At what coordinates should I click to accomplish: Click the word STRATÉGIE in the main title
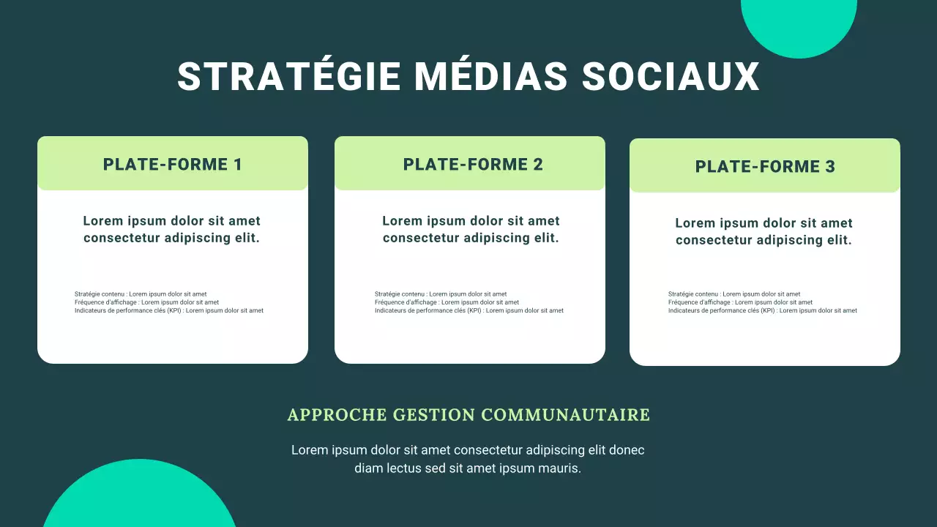288,77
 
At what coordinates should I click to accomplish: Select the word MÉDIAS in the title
490,77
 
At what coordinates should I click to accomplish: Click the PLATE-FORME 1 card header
172,164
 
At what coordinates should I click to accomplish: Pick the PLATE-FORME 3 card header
765,166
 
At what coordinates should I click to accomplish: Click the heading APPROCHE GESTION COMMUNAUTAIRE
468,415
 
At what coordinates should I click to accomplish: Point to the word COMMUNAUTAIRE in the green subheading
566,415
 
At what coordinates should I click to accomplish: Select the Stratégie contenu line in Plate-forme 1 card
141,294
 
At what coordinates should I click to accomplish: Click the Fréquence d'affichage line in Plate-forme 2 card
447,302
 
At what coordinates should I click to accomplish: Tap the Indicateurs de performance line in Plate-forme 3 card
762,310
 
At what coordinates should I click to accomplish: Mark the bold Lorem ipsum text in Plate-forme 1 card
171,229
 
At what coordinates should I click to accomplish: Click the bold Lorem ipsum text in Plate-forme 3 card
764,231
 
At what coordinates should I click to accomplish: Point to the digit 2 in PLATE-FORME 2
538,164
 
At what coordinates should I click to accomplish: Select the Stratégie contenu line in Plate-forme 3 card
734,294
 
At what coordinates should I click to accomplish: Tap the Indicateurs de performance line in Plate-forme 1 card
168,310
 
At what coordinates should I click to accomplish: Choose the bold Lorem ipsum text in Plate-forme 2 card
471,229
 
